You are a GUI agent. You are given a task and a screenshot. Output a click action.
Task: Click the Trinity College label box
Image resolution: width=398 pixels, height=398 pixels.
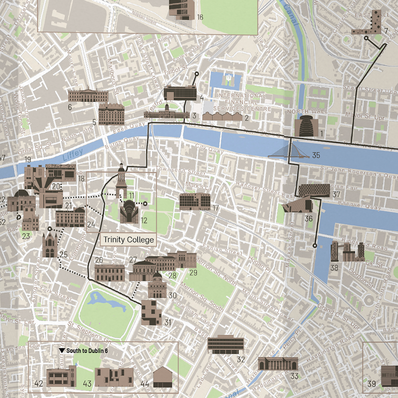(x=128, y=240)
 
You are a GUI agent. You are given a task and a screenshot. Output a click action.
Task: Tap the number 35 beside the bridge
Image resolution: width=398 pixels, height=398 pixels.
(x=316, y=155)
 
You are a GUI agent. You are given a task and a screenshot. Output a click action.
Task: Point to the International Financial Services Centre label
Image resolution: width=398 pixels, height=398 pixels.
(x=242, y=102)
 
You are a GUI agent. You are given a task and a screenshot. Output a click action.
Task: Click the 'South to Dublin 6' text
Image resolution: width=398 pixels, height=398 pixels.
(x=87, y=351)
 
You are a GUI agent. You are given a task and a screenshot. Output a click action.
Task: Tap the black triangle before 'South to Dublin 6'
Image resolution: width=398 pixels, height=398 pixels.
(x=62, y=351)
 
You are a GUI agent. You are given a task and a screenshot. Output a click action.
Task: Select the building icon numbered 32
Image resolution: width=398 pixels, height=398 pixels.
(x=225, y=344)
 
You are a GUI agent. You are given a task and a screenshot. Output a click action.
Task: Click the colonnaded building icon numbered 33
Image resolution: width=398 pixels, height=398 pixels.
(x=278, y=364)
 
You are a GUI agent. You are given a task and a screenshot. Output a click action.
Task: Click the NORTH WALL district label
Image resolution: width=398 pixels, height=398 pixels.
(x=307, y=112)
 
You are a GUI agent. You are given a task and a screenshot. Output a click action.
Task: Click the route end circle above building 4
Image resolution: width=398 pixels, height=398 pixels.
(x=196, y=74)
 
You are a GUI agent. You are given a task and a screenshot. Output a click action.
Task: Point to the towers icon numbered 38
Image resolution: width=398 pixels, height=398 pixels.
(x=347, y=252)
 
